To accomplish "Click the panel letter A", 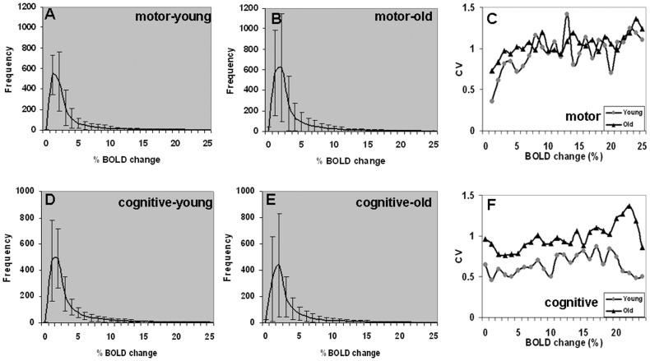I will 49,14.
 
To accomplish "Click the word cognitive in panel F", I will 569,303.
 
